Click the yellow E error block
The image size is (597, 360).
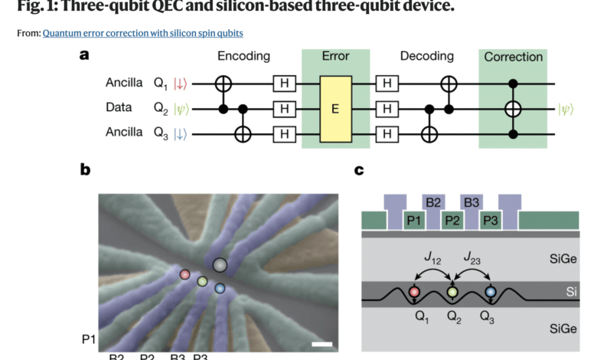pyautogui.click(x=335, y=109)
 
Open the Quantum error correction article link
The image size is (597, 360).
pyautogui.click(x=143, y=33)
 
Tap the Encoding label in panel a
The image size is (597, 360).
pyautogui.click(x=243, y=57)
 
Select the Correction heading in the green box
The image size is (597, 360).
pyautogui.click(x=513, y=57)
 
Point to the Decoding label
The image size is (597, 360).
pyautogui.click(x=426, y=57)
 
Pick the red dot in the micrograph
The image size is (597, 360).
pyautogui.click(x=184, y=273)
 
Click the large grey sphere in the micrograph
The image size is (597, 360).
pyautogui.click(x=220, y=265)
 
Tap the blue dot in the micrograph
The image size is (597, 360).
pyautogui.click(x=220, y=289)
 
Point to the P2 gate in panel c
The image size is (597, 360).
pyautogui.click(x=452, y=220)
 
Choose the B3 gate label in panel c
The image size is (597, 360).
pyautogui.click(x=471, y=203)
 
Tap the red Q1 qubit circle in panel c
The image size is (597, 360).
pyautogui.click(x=414, y=292)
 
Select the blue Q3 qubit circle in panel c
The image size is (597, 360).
pyautogui.click(x=490, y=292)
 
